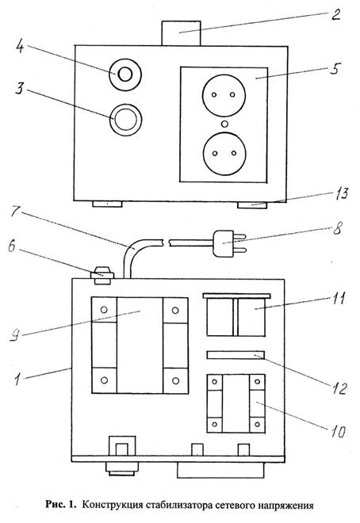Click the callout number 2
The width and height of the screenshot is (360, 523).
(x=335, y=15)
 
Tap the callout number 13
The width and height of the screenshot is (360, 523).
(x=342, y=193)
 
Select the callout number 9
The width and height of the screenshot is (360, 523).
(x=14, y=335)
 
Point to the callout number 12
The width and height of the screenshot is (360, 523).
(x=339, y=388)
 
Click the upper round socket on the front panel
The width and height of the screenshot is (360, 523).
(x=224, y=95)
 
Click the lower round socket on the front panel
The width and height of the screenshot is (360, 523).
(x=224, y=153)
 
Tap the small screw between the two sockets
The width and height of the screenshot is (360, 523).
(x=225, y=124)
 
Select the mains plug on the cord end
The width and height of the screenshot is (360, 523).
(x=229, y=245)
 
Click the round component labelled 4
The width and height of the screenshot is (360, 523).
(x=125, y=74)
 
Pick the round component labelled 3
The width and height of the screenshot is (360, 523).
(x=126, y=120)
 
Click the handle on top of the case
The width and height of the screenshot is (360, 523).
(x=181, y=33)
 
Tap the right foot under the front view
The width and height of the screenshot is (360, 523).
(x=252, y=204)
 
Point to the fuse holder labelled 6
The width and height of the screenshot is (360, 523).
(x=102, y=276)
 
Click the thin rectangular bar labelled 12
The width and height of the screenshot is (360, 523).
(x=236, y=355)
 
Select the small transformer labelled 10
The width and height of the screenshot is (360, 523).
(x=236, y=403)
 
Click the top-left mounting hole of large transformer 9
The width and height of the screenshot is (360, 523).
(x=104, y=310)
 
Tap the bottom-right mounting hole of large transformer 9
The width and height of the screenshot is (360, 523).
(x=175, y=380)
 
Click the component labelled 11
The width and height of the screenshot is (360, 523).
(x=236, y=315)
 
